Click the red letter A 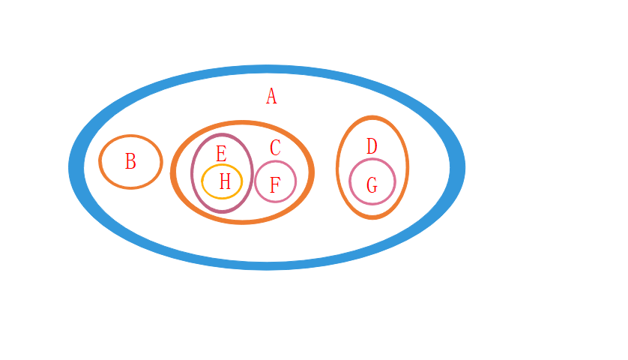(271, 96)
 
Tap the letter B (130, 161)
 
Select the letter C (275, 148)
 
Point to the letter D (372, 146)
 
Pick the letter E (221, 154)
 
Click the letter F (274, 184)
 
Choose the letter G (372, 184)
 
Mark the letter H (225, 181)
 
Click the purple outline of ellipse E (193, 173)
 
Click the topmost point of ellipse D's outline (372, 118)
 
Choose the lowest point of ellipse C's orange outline (242, 221)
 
